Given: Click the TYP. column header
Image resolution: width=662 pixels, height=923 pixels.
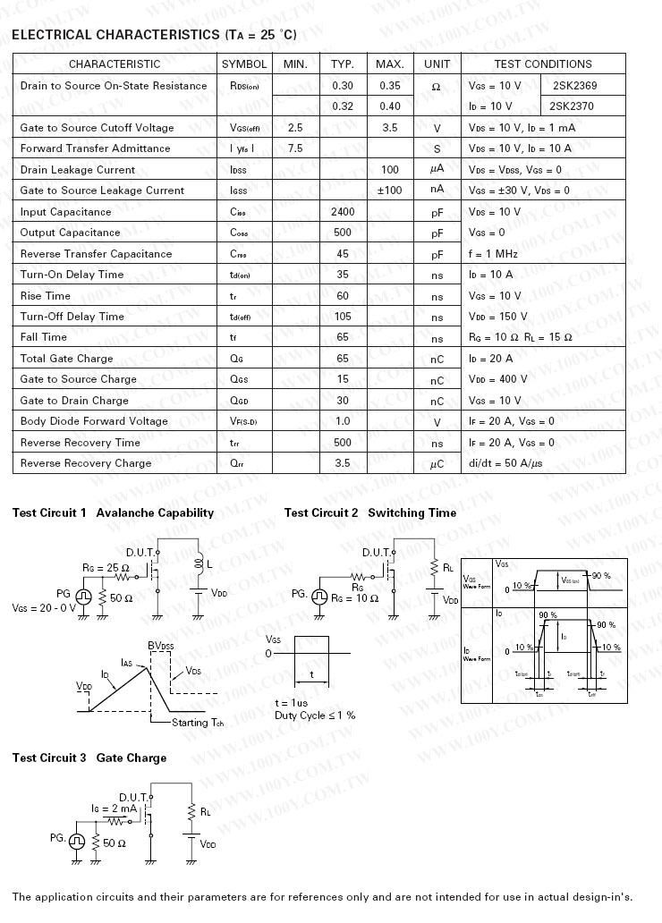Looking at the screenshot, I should (x=343, y=64).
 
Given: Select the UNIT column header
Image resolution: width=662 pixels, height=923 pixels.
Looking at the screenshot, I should (x=437, y=64).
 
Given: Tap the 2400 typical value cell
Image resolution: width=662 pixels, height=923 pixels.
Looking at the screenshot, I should (x=343, y=212).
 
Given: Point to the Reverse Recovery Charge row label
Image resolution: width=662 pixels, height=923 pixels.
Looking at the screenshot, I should (x=86, y=463).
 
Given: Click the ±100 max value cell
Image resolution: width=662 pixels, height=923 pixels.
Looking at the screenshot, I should (x=390, y=191).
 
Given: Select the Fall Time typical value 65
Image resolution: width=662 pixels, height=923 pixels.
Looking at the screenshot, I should (x=343, y=337).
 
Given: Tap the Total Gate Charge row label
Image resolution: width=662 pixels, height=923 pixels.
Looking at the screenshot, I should (x=67, y=359).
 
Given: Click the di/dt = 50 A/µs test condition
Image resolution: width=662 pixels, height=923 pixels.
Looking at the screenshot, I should (x=505, y=463).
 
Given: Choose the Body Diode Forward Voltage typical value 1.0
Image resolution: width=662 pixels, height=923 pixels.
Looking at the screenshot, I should (x=343, y=421).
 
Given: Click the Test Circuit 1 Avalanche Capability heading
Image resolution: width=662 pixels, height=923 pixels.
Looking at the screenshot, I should (x=113, y=513).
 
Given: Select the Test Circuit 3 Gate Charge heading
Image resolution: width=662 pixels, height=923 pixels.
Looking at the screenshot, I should (x=89, y=758).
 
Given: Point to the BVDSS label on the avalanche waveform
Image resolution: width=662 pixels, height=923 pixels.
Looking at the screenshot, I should (x=161, y=646).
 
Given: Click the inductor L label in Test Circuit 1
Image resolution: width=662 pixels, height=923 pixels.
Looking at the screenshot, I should (x=209, y=564).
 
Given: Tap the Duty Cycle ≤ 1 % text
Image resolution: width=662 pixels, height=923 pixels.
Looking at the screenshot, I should (x=315, y=716).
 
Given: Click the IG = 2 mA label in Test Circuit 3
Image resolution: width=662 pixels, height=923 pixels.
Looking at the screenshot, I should (x=114, y=809).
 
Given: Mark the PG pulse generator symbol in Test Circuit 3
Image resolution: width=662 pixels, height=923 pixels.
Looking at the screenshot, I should (x=77, y=841).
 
